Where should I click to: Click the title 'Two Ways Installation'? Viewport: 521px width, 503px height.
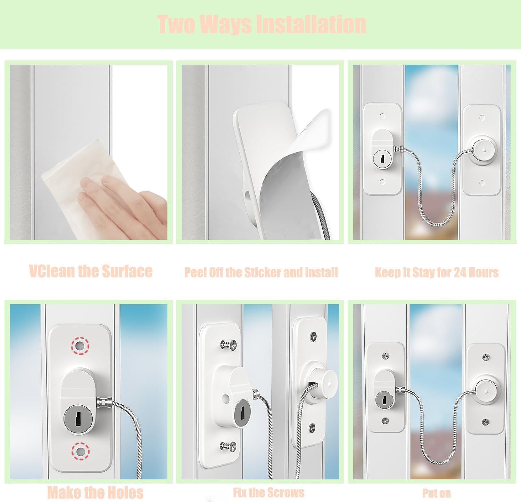click(x=262, y=24)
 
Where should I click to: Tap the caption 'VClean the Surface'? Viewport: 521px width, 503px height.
click(x=91, y=271)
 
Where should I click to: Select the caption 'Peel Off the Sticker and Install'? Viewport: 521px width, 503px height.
click(x=261, y=272)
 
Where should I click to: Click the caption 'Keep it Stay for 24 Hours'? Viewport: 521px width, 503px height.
click(x=437, y=272)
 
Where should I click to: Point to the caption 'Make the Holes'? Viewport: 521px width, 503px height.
click(x=95, y=493)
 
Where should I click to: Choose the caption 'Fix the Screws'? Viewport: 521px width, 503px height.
click(x=268, y=492)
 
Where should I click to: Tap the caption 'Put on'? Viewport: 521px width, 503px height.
click(x=437, y=493)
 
